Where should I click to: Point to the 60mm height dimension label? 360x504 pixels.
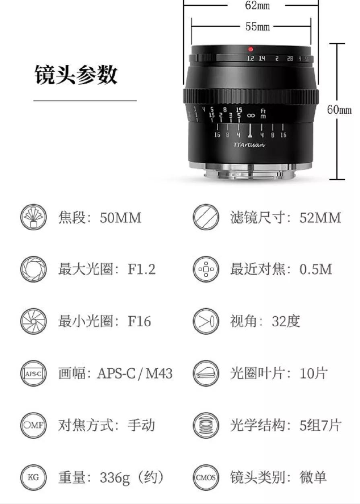339,110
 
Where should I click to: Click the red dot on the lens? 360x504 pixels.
251,49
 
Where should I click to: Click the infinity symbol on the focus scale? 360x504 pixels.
250,115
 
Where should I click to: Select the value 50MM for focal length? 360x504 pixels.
121,218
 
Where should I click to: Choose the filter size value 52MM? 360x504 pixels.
320,218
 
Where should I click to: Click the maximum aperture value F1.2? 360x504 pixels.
142,269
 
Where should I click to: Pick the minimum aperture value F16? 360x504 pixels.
139,321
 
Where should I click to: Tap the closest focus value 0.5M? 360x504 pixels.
316,269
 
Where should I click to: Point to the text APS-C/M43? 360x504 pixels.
134,373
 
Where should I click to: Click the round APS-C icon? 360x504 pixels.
33,373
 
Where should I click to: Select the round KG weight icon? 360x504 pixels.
33,477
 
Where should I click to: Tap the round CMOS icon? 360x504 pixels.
206,477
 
